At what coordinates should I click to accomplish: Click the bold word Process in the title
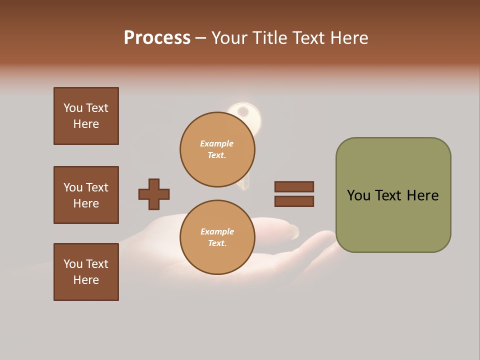157,37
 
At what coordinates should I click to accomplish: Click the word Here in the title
349,37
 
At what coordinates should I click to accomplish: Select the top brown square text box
86,116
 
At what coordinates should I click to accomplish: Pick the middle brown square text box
86,195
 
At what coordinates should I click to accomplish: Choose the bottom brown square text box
86,272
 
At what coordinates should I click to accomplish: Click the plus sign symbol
154,194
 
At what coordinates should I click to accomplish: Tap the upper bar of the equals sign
294,186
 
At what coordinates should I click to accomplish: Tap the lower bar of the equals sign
294,201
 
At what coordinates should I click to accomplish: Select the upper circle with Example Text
217,149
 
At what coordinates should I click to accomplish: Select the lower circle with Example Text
217,237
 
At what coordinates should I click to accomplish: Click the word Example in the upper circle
216,143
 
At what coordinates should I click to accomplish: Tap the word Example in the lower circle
217,231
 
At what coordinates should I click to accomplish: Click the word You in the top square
73,108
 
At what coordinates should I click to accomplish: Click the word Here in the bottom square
86,280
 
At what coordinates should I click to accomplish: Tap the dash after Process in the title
201,38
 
